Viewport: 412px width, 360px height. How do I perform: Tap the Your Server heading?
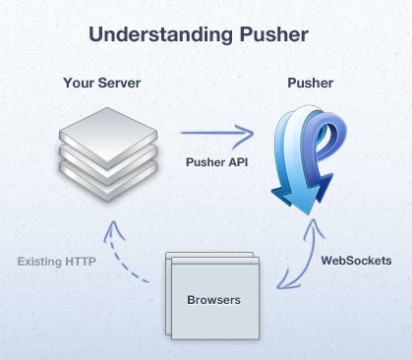pyautogui.click(x=103, y=84)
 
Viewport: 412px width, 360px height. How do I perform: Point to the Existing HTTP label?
pyautogui.click(x=56, y=261)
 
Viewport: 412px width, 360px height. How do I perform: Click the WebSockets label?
pyautogui.click(x=356, y=261)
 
